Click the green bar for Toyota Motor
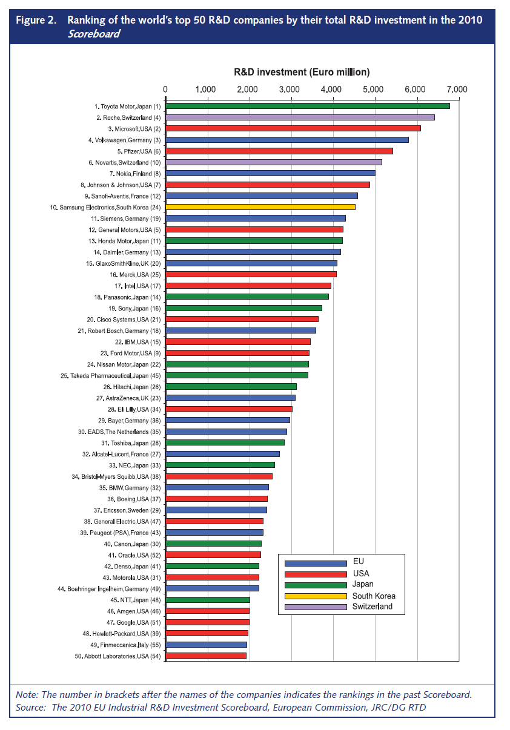(x=308, y=106)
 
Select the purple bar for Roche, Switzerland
(x=300, y=117)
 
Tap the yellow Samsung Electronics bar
(x=260, y=207)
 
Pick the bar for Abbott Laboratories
(x=206, y=656)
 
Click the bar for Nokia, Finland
(x=270, y=173)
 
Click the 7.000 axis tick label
(x=457, y=90)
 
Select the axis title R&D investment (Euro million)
(x=302, y=72)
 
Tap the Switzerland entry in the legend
(x=372, y=607)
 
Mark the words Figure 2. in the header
(x=36, y=20)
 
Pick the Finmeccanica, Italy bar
(x=206, y=645)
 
